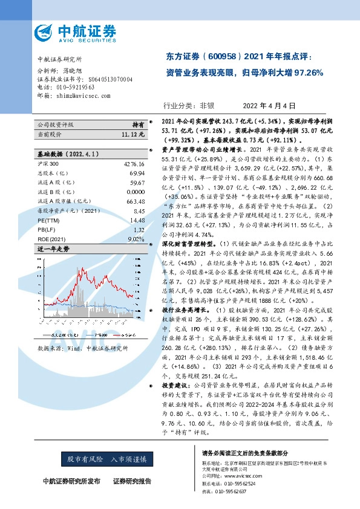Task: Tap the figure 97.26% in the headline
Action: pos(309,74)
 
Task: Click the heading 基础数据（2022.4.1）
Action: pos(67,155)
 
